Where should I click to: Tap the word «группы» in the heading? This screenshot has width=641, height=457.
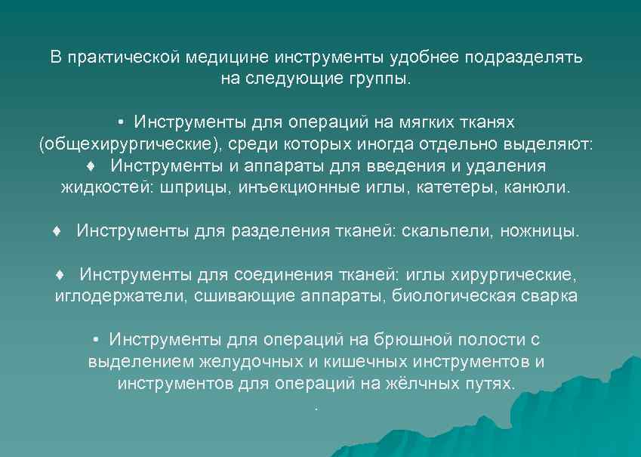pyautogui.click(x=378, y=79)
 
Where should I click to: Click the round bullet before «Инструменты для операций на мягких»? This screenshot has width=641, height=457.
pyautogui.click(x=121, y=122)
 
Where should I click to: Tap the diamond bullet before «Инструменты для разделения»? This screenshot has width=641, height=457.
pyautogui.click(x=57, y=230)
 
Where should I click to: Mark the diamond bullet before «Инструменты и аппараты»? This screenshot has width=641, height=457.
pyautogui.click(x=91, y=165)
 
